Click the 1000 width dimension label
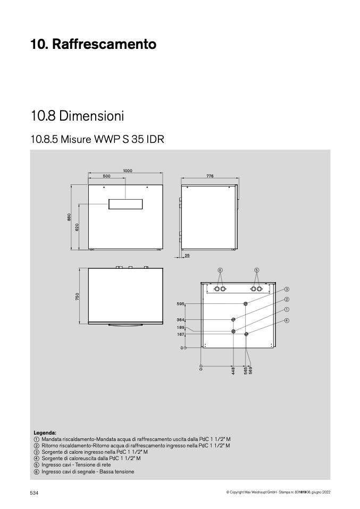[x=128, y=171]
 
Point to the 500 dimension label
[x=106, y=176]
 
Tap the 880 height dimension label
[x=69, y=217]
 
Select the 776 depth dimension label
[x=210, y=176]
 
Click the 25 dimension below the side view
[x=187, y=256]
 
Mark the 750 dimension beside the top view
[x=77, y=296]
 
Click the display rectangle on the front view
[x=125, y=204]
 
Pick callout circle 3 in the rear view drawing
[x=287, y=289]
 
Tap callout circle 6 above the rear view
[x=220, y=270]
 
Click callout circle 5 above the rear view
[x=257, y=270]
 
